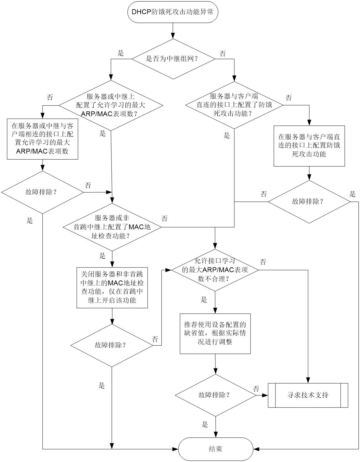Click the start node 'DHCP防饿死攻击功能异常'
tap(173, 12)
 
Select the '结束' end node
tap(215, 449)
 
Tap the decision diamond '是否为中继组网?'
tap(173, 59)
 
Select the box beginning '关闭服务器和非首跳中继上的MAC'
tap(112, 288)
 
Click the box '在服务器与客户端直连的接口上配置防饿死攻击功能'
tap(309, 146)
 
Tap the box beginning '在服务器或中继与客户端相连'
tap(42, 139)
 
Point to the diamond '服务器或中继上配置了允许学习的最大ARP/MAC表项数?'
tap(111, 105)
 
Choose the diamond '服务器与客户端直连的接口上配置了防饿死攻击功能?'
tap(234, 105)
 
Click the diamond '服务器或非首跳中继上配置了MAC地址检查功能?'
tap(112, 227)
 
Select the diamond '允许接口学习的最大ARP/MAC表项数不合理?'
tap(215, 270)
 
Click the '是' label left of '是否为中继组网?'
tap(121, 53)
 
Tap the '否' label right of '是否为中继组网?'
tap(223, 53)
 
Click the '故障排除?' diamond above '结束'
tap(215, 395)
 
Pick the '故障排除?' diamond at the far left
tap(43, 192)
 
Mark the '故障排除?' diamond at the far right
tap(309, 202)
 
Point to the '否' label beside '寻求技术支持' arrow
tap(256, 389)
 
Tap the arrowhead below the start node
tap(173, 36)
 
